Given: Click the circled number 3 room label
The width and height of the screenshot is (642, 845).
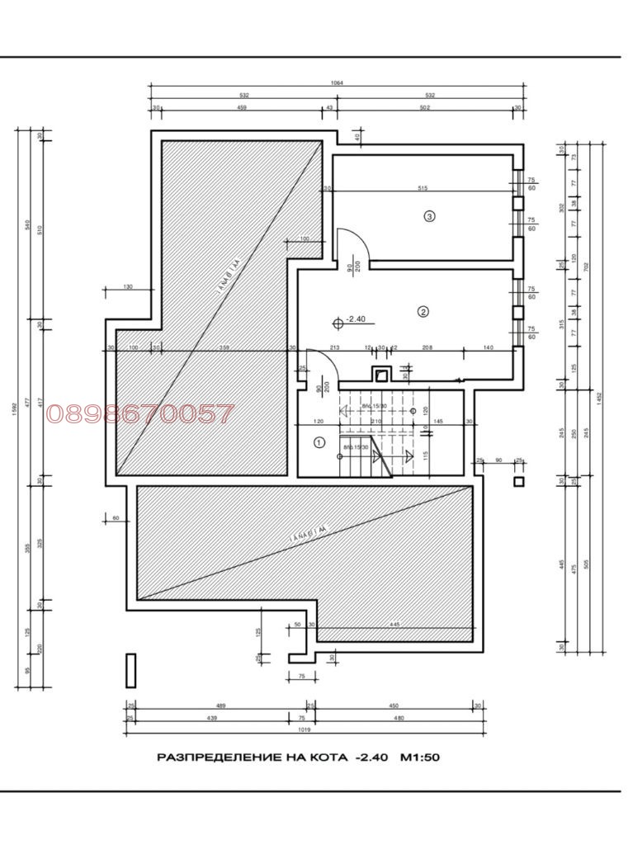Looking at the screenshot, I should tap(428, 216).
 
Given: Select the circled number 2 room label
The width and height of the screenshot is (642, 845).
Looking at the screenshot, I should tap(422, 312).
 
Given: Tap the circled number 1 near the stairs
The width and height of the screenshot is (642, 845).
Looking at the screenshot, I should tap(319, 442).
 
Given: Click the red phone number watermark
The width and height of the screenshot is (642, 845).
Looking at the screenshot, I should tap(141, 413).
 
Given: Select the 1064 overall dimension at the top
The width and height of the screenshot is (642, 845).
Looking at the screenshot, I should tap(336, 83).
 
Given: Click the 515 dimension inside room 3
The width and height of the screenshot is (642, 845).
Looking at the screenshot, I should tap(422, 188).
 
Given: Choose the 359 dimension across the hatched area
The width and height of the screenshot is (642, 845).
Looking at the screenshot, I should tap(224, 347).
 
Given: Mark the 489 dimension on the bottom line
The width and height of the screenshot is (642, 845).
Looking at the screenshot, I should tap(221, 706).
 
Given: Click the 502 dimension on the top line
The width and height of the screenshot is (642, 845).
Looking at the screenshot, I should tap(426, 108).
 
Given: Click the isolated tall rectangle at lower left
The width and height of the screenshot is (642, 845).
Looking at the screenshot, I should tap(130, 670).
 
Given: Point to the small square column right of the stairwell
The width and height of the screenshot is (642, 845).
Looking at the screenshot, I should tap(518, 482).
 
